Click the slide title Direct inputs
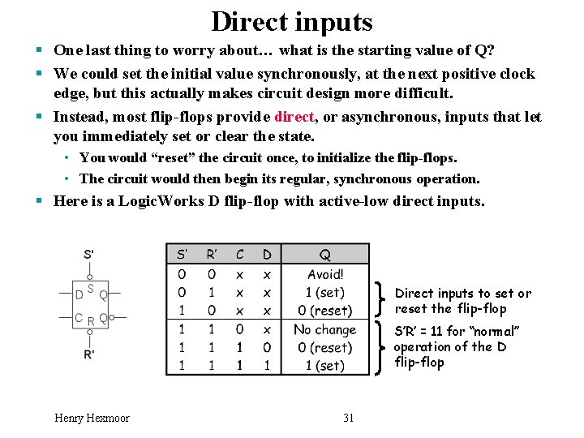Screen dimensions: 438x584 [x=292, y=21]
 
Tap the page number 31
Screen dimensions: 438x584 [x=349, y=418]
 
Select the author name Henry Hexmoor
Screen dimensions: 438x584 [x=92, y=418]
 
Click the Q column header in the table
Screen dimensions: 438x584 [x=325, y=255]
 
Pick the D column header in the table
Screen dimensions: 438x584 [x=267, y=255]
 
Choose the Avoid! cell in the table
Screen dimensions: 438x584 [x=325, y=275]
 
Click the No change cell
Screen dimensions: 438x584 [x=325, y=329]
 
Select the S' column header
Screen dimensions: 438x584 [x=182, y=255]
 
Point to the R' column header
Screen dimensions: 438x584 [x=212, y=255]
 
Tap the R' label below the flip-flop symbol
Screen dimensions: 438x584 [x=88, y=354]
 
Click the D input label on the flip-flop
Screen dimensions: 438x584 [x=79, y=295]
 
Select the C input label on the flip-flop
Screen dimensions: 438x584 [x=79, y=318]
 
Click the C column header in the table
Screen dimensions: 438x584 [x=239, y=255]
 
